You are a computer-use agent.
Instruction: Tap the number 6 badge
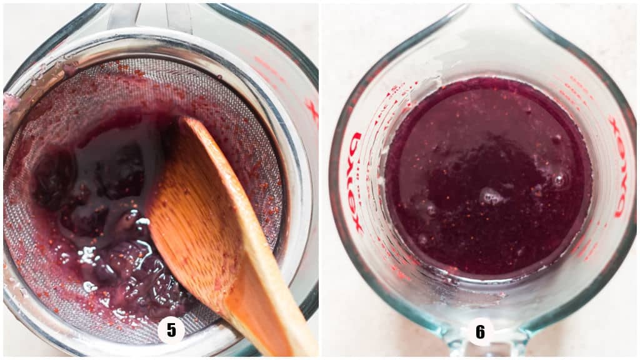480,331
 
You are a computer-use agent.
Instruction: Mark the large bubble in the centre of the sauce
491,197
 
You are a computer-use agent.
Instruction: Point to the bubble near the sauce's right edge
558,180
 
